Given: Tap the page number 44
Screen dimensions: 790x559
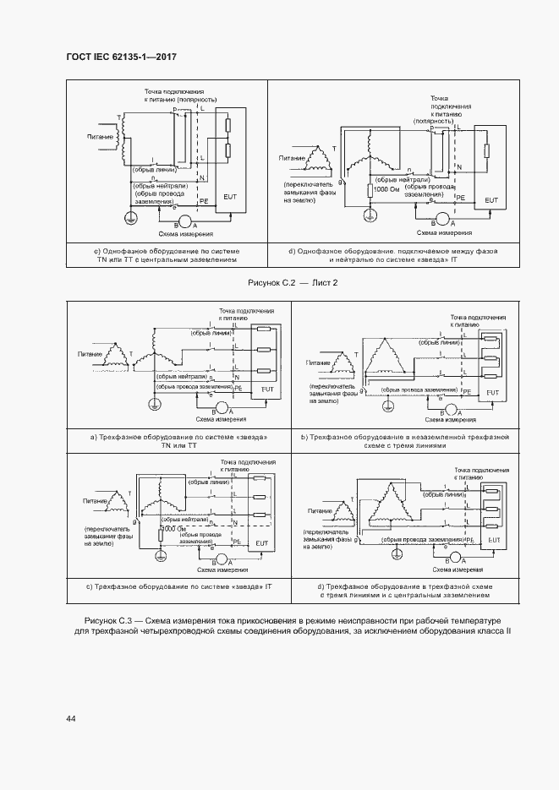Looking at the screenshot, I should pyautogui.click(x=71, y=718).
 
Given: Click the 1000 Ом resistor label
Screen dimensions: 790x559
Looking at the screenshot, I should pyautogui.click(x=387, y=190).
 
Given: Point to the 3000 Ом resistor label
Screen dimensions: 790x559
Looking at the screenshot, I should pyautogui.click(x=177, y=528).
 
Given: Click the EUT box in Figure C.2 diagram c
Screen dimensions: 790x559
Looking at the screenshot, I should pyautogui.click(x=230, y=195).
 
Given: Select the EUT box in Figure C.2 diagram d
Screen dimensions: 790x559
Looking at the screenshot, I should pyautogui.click(x=490, y=199).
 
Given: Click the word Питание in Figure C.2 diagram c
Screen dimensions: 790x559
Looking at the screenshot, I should pyautogui.click(x=100, y=135).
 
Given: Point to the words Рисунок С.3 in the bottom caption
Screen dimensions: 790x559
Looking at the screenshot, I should pyautogui.click(x=113, y=621).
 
